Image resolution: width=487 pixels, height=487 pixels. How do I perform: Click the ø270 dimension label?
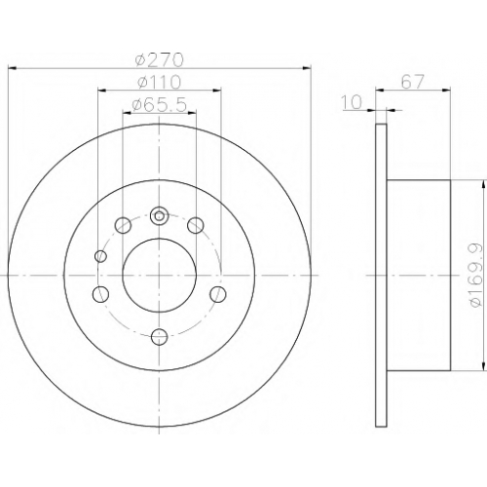160,60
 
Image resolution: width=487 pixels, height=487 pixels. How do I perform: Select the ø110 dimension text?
159,82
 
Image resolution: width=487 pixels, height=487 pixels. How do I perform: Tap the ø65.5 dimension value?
160,105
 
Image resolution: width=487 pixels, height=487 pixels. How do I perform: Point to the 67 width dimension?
413,82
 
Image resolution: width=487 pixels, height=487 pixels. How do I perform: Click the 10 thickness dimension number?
352,102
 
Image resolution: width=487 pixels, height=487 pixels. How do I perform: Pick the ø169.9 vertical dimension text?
476,276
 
